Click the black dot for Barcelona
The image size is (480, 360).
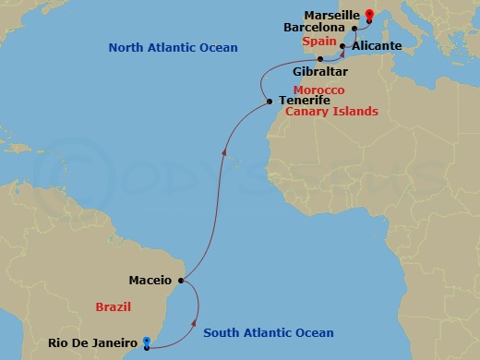click(x=354, y=29)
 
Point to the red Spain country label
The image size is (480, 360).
click(x=317, y=42)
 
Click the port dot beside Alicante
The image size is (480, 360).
click(x=342, y=45)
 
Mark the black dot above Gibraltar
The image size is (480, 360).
click(x=320, y=58)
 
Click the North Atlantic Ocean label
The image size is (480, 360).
click(x=173, y=47)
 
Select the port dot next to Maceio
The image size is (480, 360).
click(x=182, y=280)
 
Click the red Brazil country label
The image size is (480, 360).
click(x=113, y=306)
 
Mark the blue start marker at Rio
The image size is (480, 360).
click(x=146, y=343)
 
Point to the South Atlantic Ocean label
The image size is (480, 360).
click(x=268, y=332)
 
